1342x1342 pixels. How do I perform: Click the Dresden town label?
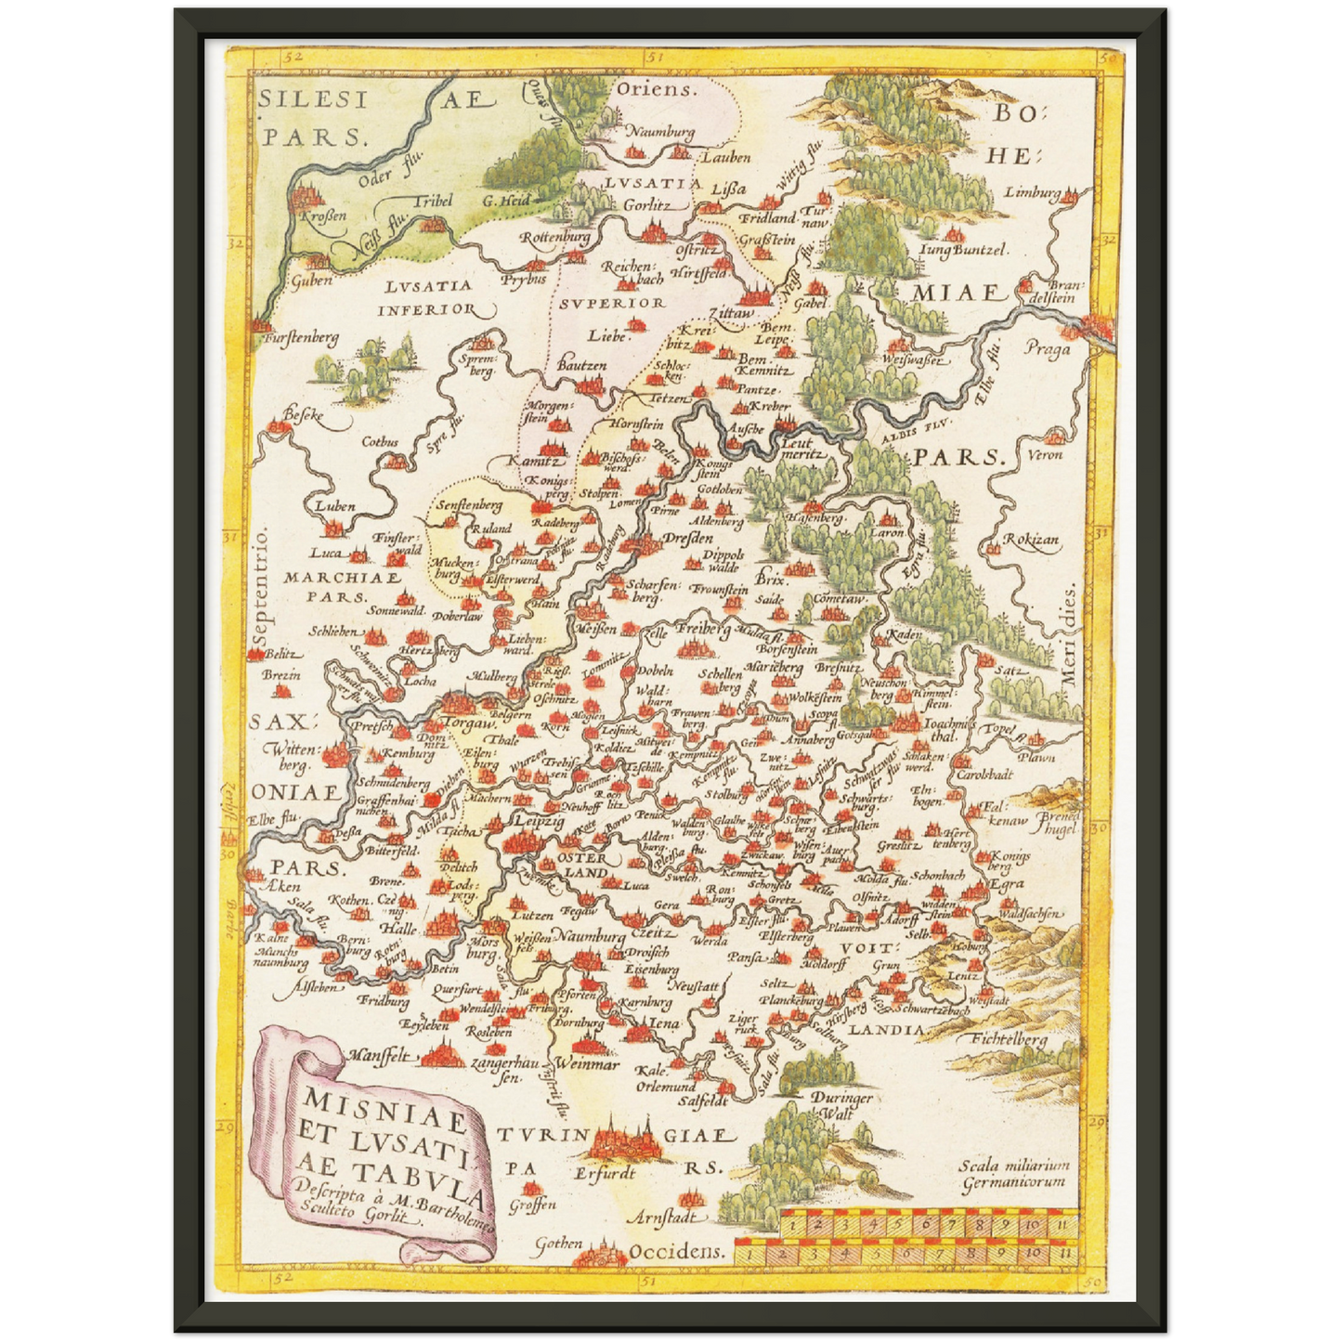688,538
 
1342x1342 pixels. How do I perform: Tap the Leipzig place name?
540,822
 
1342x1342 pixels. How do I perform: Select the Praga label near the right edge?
1047,349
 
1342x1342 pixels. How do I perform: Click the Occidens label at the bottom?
676,1251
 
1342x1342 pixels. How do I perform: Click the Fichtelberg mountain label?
1010,1040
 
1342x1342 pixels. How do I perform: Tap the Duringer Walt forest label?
840,1104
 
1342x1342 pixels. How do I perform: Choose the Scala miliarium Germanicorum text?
1014,1174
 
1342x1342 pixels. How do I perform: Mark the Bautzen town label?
581,366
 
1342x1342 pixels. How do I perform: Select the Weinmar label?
587,1065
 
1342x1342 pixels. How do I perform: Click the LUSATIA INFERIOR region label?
427,297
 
